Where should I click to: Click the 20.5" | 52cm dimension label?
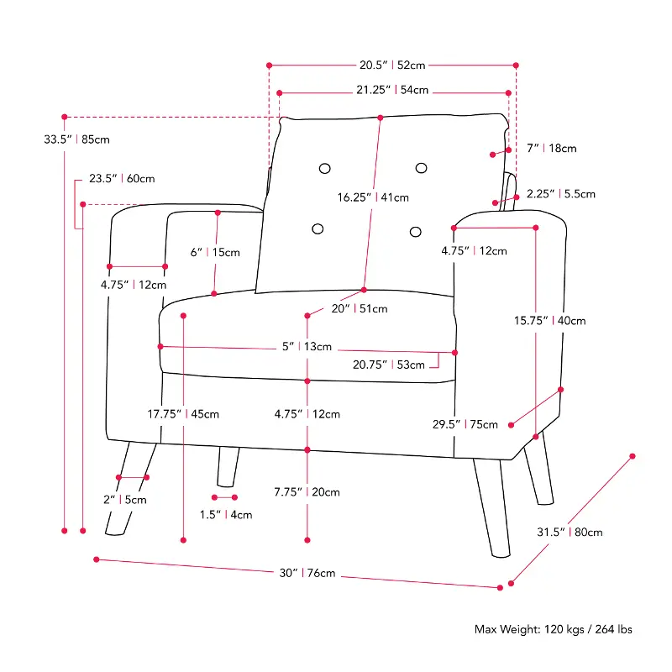pos(392,66)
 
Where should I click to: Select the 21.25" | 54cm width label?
pos(392,90)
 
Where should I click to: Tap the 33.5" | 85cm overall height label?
pos(76,139)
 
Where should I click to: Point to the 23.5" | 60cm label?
pos(122,179)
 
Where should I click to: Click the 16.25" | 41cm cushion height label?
pos(373,197)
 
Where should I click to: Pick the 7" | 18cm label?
pos(552,149)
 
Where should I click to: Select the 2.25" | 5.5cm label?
pos(560,194)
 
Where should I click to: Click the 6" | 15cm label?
pos(215,253)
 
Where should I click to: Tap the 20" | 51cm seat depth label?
pos(360,309)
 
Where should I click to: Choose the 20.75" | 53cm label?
pos(389,365)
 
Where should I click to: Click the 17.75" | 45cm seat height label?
pos(183,414)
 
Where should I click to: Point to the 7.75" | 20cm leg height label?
pos(307,492)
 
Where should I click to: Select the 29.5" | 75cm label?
pos(465,425)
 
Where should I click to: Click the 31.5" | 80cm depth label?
pos(570,533)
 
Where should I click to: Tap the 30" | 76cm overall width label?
pos(307,574)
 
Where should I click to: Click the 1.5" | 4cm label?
pos(225,515)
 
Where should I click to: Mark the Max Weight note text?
pos(554,629)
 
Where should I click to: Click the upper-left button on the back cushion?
pos(325,169)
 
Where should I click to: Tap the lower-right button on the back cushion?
pos(415,232)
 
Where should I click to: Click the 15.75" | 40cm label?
pos(550,321)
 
